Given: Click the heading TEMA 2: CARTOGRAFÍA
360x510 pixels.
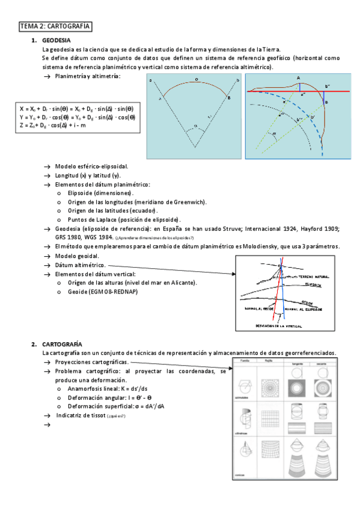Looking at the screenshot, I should click(55, 26).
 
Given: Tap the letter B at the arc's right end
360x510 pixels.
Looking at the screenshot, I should click(228, 97).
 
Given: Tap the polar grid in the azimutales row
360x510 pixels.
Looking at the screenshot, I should click(269, 380).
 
